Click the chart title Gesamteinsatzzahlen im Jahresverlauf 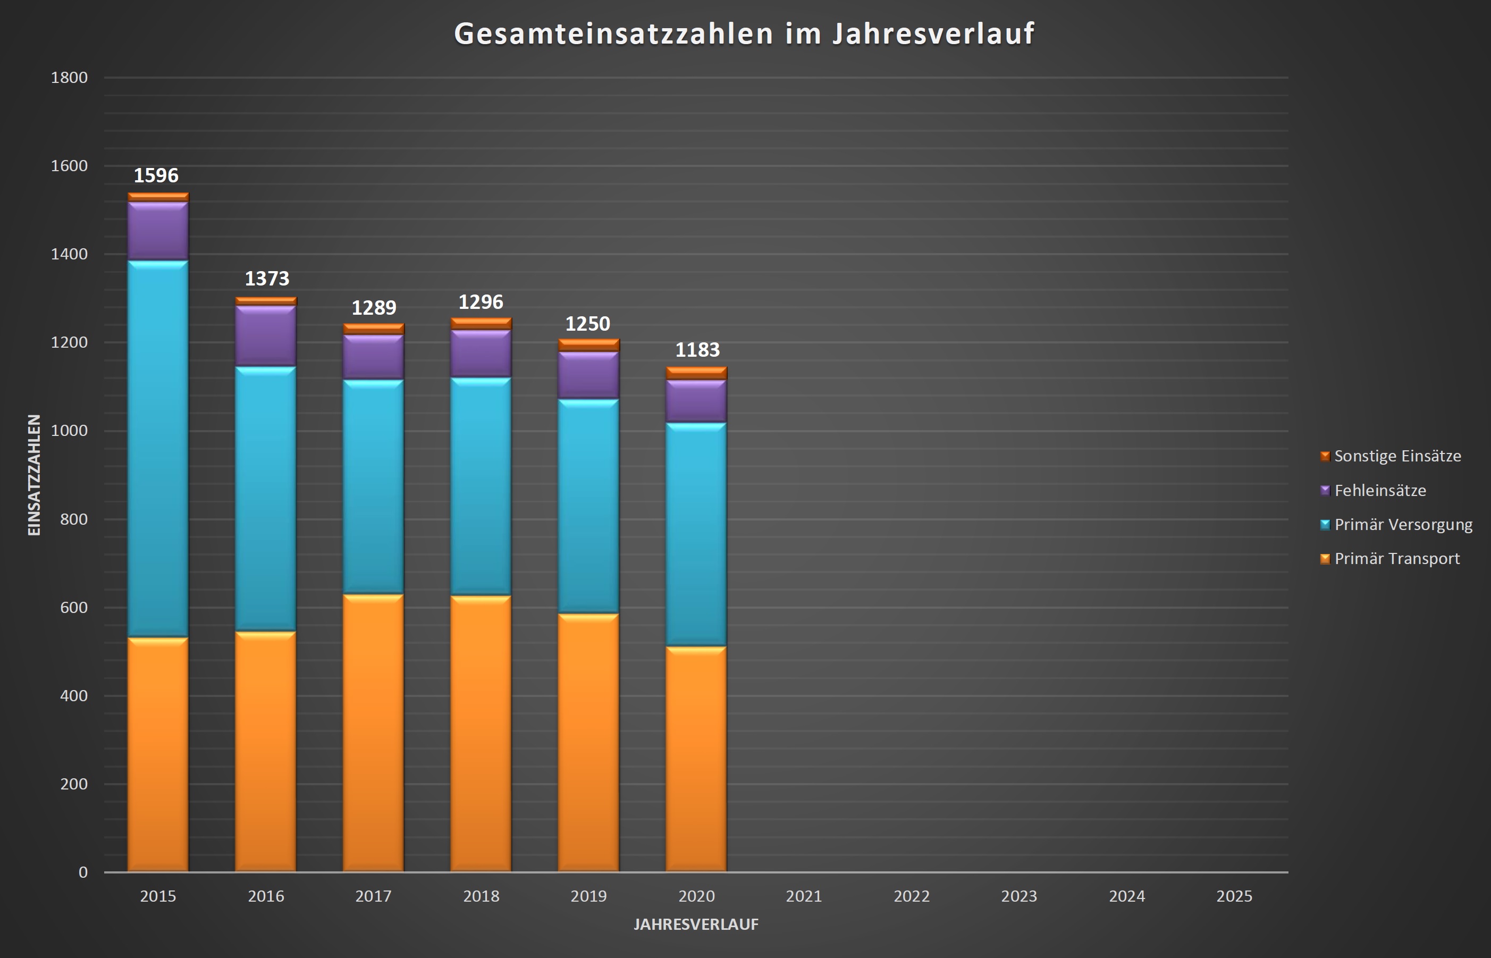744,33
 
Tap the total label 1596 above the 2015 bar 156,176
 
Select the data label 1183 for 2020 697,350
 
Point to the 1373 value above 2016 267,279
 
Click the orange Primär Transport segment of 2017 373,734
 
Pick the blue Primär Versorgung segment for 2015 158,448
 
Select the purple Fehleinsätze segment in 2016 266,336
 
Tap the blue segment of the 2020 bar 696,535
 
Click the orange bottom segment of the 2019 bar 588,743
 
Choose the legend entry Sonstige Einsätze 1397,456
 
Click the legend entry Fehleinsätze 1380,490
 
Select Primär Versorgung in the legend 1403,524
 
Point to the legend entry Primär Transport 1396,559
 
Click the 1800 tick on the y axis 69,78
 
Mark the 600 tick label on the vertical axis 73,608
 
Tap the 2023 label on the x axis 1019,896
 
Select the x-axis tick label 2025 1234,896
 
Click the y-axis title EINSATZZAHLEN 34,475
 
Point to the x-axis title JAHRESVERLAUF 696,925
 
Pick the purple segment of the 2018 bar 481,354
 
